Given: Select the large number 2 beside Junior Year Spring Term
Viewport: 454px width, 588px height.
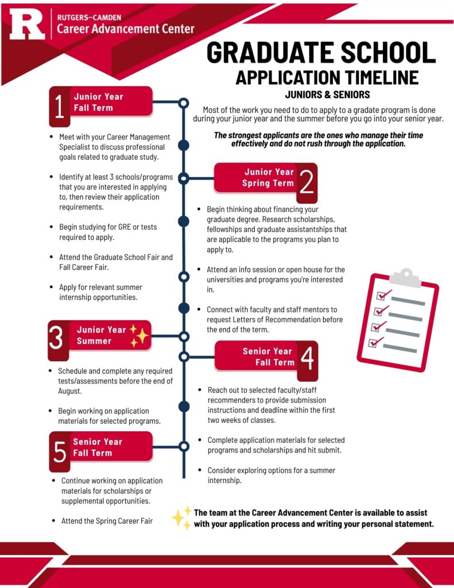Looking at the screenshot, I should click(x=307, y=182).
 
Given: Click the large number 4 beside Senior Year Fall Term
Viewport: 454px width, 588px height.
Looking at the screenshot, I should click(x=307, y=360).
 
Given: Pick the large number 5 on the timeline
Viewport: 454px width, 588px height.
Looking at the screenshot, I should click(x=60, y=451).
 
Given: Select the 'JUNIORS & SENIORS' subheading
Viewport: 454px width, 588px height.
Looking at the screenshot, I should click(x=327, y=94).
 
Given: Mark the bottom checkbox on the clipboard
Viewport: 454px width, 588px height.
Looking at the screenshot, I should click(x=374, y=342).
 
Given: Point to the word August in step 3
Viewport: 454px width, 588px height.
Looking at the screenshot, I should click(x=69, y=391).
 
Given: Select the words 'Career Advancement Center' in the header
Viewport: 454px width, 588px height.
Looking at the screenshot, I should click(x=126, y=29).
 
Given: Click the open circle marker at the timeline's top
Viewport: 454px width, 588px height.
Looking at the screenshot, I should click(x=184, y=103).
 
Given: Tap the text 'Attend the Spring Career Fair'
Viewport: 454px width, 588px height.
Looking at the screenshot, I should click(x=107, y=521).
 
